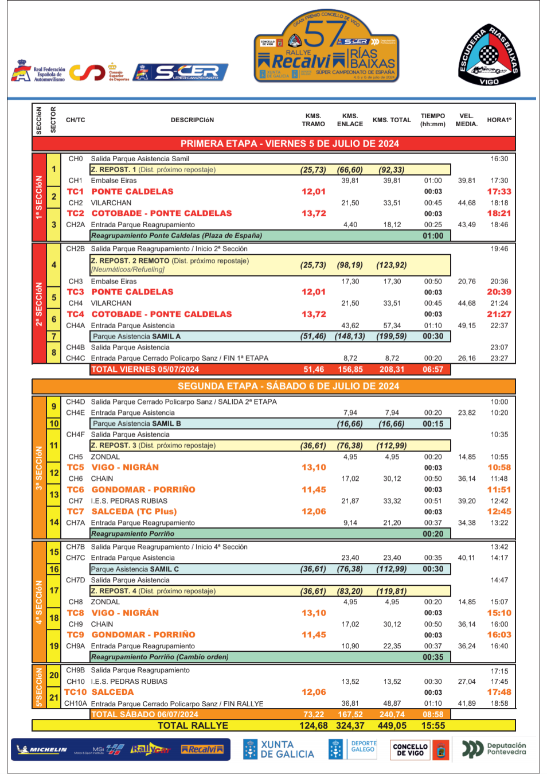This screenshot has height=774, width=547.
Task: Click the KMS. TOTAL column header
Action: (392, 120)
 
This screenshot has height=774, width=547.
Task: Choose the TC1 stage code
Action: (75, 192)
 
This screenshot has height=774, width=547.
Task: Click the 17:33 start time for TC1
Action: (499, 192)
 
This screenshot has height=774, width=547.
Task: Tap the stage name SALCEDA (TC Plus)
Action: (134, 512)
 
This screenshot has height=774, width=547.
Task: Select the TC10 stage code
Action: (76, 693)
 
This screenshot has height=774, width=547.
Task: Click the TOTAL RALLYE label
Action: (193, 726)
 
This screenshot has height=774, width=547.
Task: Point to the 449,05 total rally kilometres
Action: (392, 726)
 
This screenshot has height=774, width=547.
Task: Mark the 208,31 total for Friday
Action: (392, 370)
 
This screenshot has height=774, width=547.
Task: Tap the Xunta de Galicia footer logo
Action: (279, 749)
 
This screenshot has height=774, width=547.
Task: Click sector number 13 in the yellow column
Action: (54, 495)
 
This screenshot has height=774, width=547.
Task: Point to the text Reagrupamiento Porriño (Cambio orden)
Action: (160, 657)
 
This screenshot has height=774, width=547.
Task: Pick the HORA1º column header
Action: (499, 120)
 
